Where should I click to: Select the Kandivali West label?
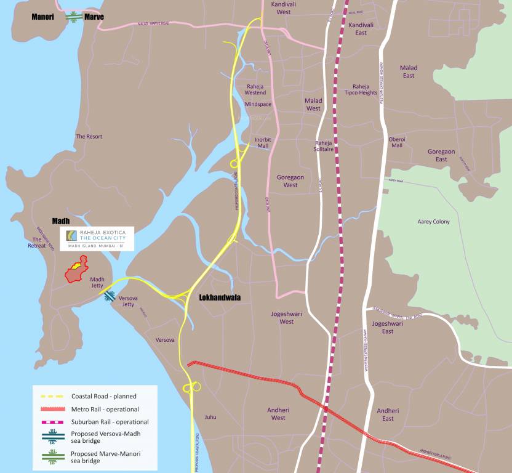point(284,8)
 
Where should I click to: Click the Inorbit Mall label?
point(263,143)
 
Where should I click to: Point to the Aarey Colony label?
point(433,222)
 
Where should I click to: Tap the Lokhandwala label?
point(220,297)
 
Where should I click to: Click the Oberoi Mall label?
point(397,142)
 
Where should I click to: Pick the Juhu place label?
point(210,417)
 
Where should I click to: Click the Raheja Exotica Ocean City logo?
point(97,237)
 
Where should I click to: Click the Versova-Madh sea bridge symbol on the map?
point(110,296)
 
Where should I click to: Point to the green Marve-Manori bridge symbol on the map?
point(74,17)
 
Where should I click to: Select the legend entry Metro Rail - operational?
point(105,409)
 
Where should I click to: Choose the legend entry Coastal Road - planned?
point(103,396)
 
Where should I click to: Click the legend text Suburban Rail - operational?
point(110,422)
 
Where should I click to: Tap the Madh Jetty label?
point(97,282)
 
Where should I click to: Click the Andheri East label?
point(388,414)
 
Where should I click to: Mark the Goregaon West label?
point(290,180)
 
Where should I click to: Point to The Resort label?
point(89,136)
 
